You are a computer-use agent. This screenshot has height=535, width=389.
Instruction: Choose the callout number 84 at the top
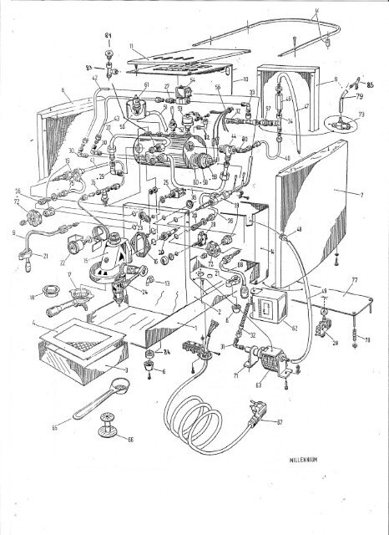click(108, 33)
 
